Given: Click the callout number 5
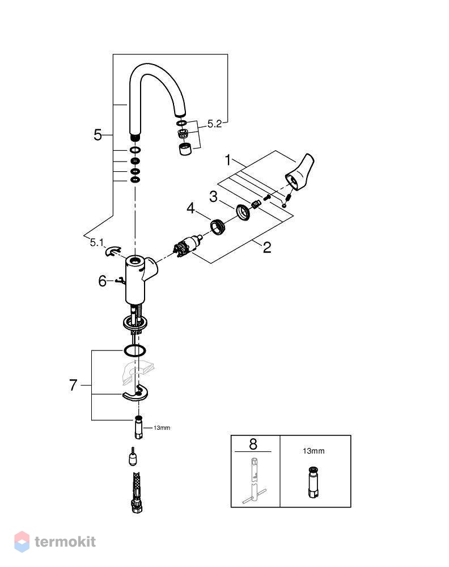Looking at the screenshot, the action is coord(98,135).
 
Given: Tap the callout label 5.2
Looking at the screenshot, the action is coord(214,124).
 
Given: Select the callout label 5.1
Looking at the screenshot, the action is coord(96,243).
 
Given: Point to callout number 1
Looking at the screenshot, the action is coord(227,160).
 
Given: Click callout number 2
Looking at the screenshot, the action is coord(267,247).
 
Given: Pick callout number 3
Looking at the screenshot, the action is coord(213,197).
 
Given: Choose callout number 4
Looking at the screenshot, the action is coord(190,208).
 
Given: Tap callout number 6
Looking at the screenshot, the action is coord(103,281).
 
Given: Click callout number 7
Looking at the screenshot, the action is coord(73,385).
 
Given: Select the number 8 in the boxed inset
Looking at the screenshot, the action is coord(253,444).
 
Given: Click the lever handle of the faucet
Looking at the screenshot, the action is coord(300,172).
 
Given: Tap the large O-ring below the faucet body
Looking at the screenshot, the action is coord(134,350).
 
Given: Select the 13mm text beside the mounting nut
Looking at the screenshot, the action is coord(162,428).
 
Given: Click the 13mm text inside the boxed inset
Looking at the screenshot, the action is coord(314,451).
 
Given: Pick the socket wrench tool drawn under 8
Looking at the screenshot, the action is coord(254,481).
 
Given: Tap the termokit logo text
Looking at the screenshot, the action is coord(65,541).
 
